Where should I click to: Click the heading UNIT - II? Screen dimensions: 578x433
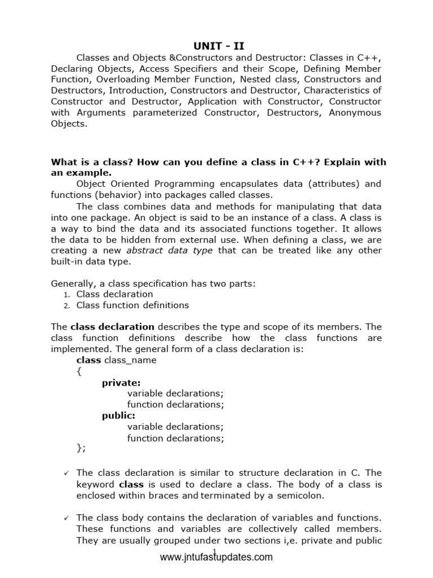point(216,45)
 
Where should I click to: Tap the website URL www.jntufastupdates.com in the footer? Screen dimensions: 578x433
point(216,558)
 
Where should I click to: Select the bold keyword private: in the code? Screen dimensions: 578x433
point(121,382)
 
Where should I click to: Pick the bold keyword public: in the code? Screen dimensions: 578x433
point(118,415)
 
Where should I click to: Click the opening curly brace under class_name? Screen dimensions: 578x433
point(78,371)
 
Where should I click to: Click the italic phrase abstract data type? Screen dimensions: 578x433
point(169,251)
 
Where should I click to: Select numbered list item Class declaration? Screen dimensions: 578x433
point(114,294)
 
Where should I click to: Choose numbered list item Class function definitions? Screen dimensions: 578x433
point(132,305)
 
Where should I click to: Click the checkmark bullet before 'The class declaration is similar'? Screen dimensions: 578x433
point(66,473)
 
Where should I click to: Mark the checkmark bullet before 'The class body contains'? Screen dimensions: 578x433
point(66,518)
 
